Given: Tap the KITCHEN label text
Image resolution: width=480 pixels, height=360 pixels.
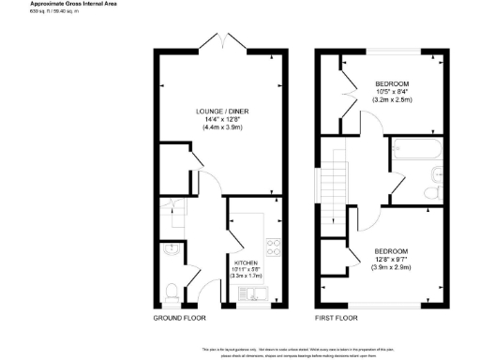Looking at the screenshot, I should click(x=246, y=263).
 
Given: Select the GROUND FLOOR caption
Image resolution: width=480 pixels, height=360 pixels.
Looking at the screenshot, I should click(x=179, y=319).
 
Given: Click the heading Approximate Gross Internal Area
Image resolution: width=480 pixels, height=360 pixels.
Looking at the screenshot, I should click(x=41, y=6).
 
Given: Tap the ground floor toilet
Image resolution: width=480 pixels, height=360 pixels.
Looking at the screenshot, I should click(x=171, y=292).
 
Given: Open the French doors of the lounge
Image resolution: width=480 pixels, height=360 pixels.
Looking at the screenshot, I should click(x=221, y=41).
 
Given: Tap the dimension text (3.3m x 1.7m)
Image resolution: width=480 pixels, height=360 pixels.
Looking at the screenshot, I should click(x=246, y=278).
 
